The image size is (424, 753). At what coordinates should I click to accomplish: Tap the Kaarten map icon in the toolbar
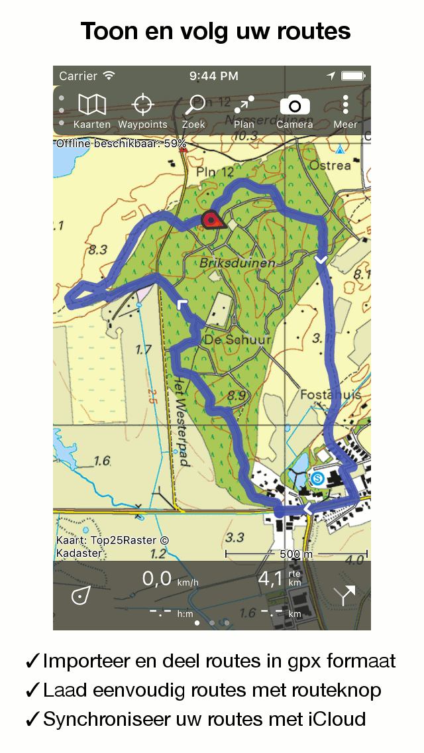[92, 105]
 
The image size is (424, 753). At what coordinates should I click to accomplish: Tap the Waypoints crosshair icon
[142, 105]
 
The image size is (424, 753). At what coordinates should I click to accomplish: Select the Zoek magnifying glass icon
[194, 105]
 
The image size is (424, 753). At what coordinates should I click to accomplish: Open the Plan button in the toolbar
[244, 105]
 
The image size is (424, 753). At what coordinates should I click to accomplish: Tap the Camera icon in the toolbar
[295, 105]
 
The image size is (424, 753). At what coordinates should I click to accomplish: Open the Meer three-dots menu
[345, 105]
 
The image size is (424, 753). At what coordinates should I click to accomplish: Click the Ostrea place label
[329, 165]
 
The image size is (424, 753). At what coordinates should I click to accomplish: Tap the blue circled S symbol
[318, 477]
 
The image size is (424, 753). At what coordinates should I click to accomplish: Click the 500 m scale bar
[296, 553]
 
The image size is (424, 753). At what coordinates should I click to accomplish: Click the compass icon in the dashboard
[81, 595]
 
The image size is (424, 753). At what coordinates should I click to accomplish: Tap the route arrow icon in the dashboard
[344, 595]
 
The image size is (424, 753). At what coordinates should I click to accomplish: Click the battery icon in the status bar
[354, 76]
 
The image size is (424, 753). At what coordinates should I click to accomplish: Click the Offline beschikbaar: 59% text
[121, 143]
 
